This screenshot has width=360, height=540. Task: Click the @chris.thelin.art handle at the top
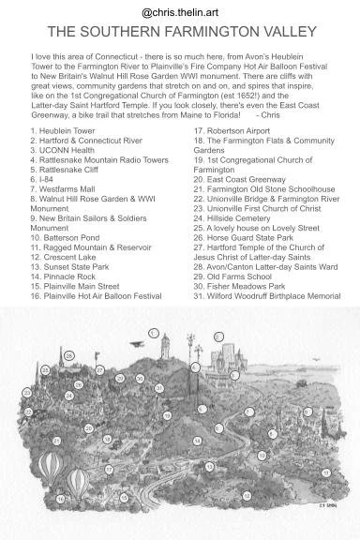(180, 12)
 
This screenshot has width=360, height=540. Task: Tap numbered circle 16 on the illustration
(60, 500)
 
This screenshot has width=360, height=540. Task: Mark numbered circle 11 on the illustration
(327, 473)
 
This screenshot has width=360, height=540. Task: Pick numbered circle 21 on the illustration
(56, 440)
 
